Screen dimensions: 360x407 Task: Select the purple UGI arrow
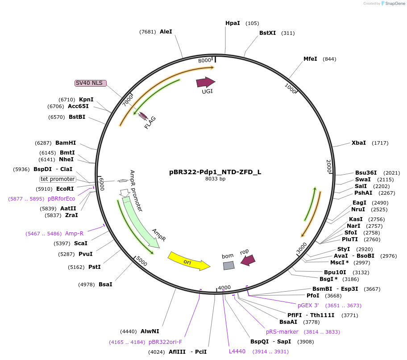click(x=205, y=82)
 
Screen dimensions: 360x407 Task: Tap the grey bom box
click(x=228, y=265)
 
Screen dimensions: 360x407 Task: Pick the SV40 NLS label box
click(x=91, y=83)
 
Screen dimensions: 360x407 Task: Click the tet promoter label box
click(x=58, y=179)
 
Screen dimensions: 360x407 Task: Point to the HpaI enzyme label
click(x=233, y=23)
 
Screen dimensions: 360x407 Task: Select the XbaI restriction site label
click(x=358, y=143)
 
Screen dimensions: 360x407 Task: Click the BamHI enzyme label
click(x=66, y=143)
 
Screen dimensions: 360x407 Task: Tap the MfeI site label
click(x=310, y=59)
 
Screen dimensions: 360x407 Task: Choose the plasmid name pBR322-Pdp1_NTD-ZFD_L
click(x=215, y=172)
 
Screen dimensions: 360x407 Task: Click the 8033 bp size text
click(x=215, y=179)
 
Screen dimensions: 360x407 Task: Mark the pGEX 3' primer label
click(x=308, y=306)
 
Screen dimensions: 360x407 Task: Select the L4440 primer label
click(x=237, y=352)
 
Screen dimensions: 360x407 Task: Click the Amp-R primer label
click(x=74, y=234)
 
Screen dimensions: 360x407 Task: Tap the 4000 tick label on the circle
click(x=224, y=287)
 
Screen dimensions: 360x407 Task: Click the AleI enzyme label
click(x=166, y=32)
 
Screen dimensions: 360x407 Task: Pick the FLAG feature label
click(x=150, y=122)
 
